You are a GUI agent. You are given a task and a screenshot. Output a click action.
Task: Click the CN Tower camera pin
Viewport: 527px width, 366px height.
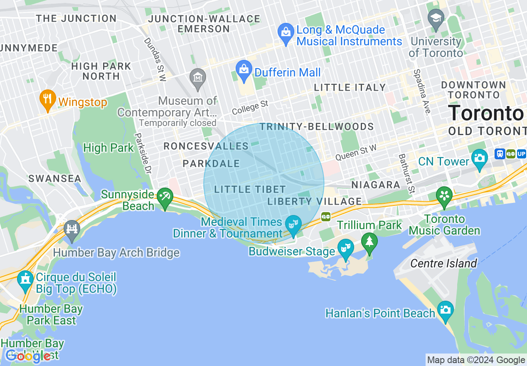[x=479, y=158]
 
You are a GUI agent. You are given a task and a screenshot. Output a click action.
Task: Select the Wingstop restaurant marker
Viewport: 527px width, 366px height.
[x=48, y=99]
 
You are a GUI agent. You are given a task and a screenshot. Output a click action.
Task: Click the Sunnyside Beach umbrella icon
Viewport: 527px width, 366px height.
[x=165, y=195]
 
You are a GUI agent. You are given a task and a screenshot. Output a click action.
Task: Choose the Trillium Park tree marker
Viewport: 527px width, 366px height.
[x=369, y=241]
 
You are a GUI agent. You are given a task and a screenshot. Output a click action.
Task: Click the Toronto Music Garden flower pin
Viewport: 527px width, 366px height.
[x=444, y=196]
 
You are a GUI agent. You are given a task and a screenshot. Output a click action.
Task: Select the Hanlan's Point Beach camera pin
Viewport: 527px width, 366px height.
[x=445, y=310]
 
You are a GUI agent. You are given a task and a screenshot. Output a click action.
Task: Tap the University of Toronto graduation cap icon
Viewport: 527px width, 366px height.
[x=436, y=19]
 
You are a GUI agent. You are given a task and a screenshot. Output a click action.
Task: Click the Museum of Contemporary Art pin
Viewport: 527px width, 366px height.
[x=198, y=77]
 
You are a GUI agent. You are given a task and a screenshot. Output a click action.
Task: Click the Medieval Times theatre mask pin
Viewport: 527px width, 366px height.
[x=294, y=224]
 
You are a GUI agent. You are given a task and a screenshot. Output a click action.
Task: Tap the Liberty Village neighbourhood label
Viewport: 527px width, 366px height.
[x=315, y=202]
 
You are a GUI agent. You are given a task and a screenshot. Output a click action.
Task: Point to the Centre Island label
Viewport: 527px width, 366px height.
[x=443, y=263]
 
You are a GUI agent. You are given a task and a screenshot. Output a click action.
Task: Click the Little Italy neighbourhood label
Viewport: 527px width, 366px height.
[x=350, y=87]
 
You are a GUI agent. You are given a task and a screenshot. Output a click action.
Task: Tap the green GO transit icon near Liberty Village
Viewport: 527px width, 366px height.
[x=325, y=216]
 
